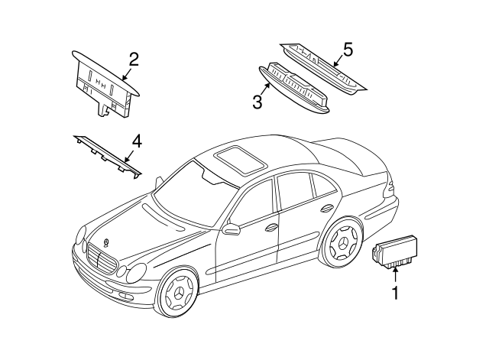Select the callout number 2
tap(133, 60)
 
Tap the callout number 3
tap(258, 100)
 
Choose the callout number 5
tap(347, 50)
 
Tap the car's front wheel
tap(179, 294)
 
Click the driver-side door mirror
tap(230, 228)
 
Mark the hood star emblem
tap(105, 243)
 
